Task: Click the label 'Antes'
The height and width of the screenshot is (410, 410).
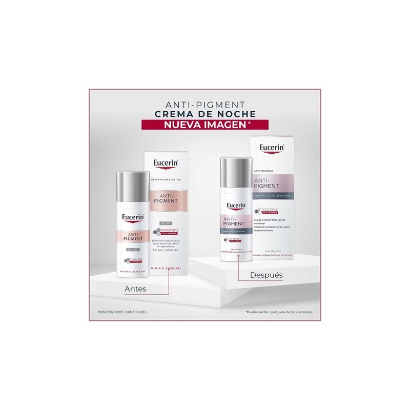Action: (135, 289)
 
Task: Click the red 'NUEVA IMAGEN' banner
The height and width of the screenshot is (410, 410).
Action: (205, 125)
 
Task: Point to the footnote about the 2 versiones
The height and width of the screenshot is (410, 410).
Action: (279, 312)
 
